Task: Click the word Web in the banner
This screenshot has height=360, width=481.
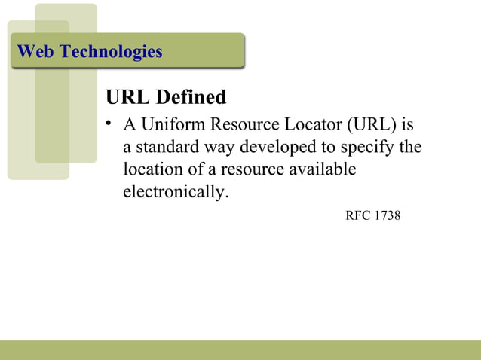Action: click(35, 52)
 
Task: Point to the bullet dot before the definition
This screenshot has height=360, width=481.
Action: click(109, 122)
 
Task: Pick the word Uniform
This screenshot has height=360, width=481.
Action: click(167, 123)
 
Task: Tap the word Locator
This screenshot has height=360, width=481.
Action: click(308, 123)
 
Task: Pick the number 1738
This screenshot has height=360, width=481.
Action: click(387, 216)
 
